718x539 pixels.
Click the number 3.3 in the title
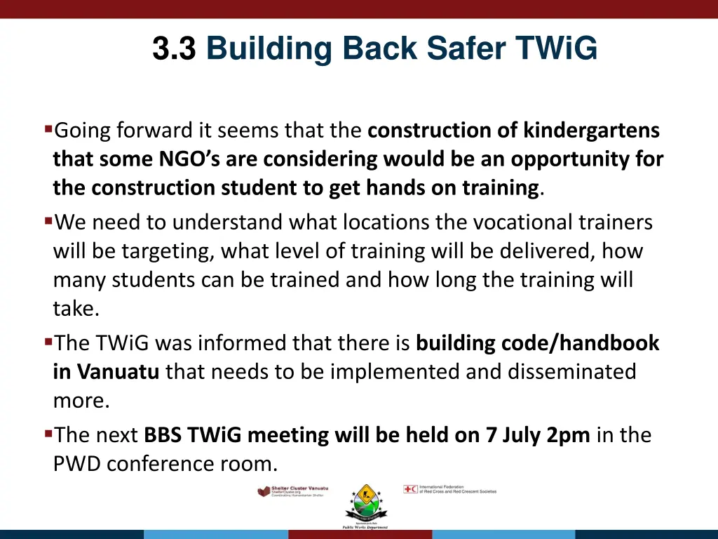point(173,49)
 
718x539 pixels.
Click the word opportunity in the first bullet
point(560,159)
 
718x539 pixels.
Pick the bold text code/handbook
point(581,343)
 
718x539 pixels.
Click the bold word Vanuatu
point(118,372)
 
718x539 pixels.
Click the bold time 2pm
point(568,436)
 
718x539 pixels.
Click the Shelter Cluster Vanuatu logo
point(292,491)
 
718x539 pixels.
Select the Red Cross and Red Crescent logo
point(449,489)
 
